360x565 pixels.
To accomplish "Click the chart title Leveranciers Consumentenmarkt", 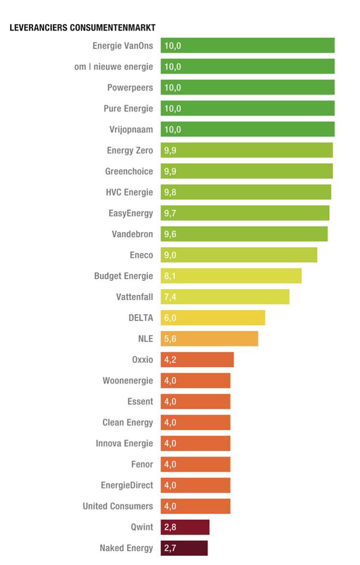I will (83, 28).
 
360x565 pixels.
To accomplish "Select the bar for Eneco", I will (239, 255).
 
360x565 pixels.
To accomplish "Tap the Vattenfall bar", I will (224, 296).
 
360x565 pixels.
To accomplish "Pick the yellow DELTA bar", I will (213, 318).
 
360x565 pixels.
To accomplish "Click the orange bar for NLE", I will (209, 339).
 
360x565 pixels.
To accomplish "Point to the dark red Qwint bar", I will (185, 527).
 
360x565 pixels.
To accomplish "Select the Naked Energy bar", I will (184, 548).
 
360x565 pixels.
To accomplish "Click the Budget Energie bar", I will (231, 276).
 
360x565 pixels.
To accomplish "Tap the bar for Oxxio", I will (197, 359).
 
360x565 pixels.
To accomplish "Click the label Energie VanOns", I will (123, 46).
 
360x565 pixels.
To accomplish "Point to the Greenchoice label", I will (129, 171).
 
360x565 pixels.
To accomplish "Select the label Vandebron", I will (132, 234).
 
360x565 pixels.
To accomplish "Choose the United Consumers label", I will (118, 506).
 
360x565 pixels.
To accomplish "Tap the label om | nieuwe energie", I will (113, 67).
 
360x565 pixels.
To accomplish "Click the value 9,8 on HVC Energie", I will (170, 192).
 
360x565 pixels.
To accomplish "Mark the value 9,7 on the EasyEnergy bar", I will (170, 213).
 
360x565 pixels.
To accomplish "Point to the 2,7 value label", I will (170, 548).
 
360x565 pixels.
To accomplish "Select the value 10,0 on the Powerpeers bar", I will (172, 87).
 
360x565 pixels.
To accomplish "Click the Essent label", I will (140, 402).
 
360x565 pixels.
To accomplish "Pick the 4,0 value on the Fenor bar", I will (170, 464).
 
